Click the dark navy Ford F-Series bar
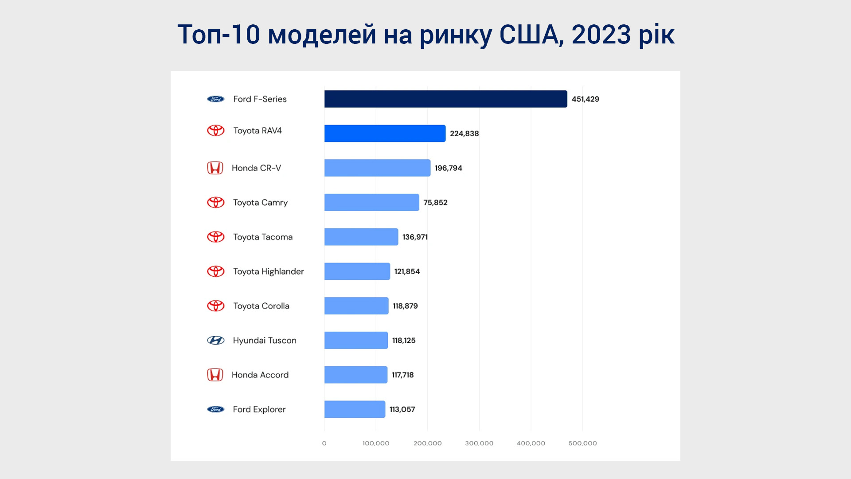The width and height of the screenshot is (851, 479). click(445, 99)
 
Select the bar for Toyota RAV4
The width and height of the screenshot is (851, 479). click(385, 133)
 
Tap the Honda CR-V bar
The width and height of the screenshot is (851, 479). click(377, 168)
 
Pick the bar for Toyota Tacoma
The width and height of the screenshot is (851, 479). click(361, 237)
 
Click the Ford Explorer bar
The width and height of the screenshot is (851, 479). click(355, 409)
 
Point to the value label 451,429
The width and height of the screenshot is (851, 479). click(585, 99)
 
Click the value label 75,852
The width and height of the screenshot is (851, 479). click(435, 203)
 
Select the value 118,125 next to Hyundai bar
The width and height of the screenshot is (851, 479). click(404, 341)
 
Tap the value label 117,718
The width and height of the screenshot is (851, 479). click(402, 375)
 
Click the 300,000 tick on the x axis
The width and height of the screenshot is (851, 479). click(479, 443)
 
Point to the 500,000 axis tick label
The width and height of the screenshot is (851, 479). click(582, 443)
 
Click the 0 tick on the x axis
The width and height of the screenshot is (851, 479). click(324, 443)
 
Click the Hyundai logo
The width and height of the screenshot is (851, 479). click(216, 340)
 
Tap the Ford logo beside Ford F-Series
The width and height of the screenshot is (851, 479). click(216, 99)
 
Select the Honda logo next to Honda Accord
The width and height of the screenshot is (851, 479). click(215, 375)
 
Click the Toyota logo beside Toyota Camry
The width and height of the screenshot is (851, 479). click(216, 202)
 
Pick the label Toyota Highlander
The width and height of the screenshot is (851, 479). click(268, 271)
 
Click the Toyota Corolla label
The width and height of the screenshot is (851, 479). click(261, 306)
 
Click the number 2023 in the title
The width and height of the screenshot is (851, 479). click(601, 34)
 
